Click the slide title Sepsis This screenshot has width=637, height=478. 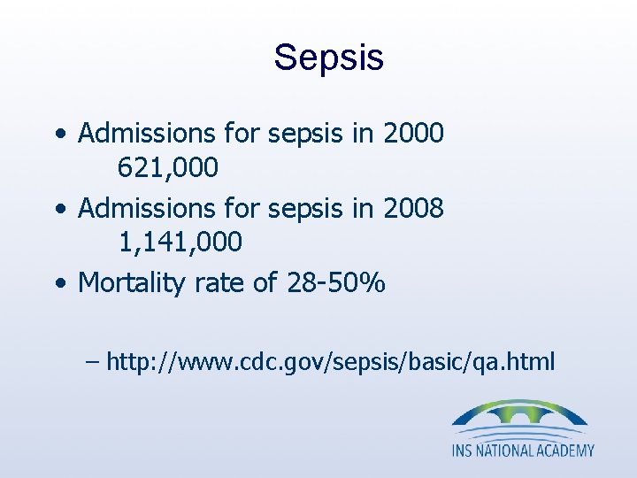tap(328, 58)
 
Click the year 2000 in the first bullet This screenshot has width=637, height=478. tap(413, 134)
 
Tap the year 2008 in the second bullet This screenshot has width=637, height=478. tap(413, 208)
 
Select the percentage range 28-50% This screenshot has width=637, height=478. tap(336, 283)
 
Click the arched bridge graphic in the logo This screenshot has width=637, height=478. tap(519, 415)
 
